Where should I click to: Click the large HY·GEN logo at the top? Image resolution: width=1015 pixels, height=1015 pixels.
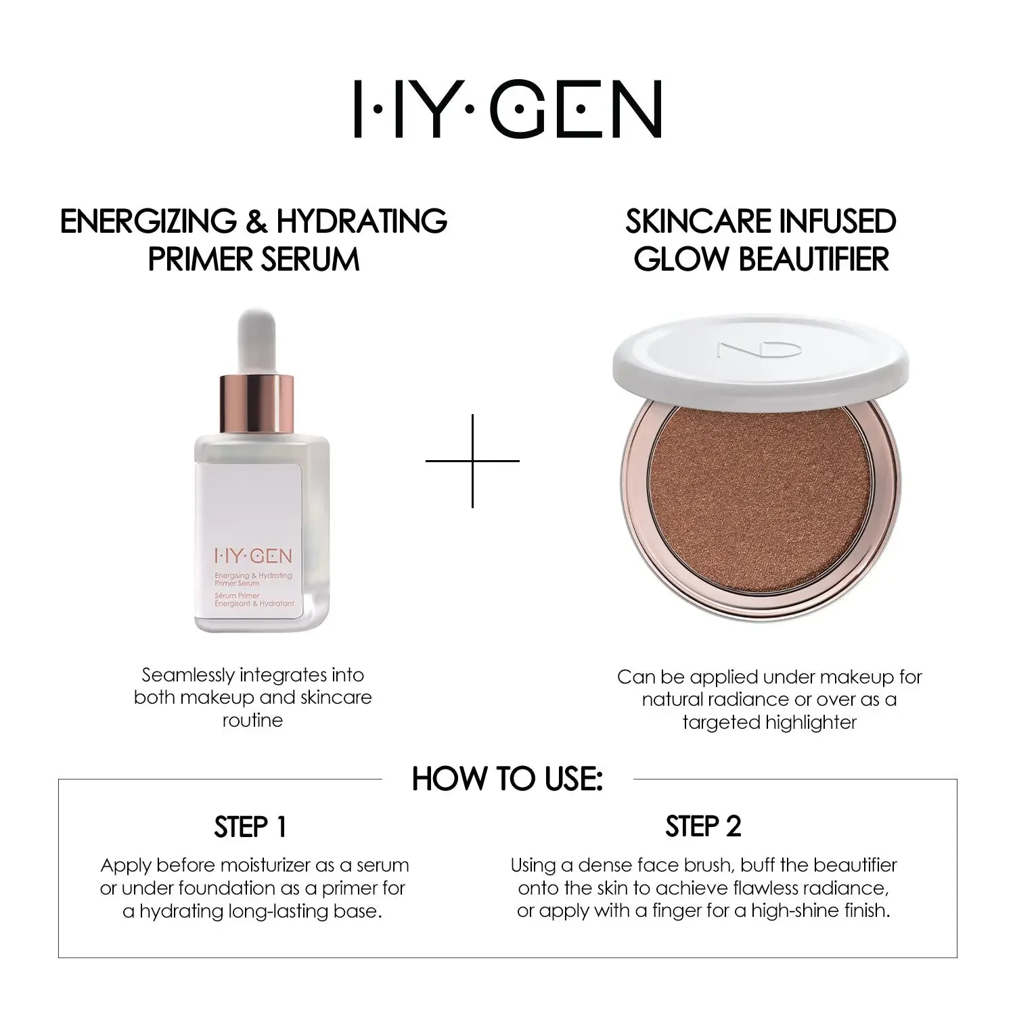[507, 110]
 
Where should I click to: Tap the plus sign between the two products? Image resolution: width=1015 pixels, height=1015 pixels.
[472, 461]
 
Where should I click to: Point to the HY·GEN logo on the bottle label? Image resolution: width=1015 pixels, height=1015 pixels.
[253, 556]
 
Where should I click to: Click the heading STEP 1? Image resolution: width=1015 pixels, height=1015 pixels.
[250, 827]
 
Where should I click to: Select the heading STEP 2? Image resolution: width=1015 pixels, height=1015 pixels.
[703, 826]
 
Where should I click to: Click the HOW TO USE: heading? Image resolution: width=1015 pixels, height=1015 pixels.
[507, 779]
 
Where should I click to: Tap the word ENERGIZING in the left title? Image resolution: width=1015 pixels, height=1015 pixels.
[148, 221]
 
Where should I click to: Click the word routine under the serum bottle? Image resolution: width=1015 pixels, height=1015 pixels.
[252, 720]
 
